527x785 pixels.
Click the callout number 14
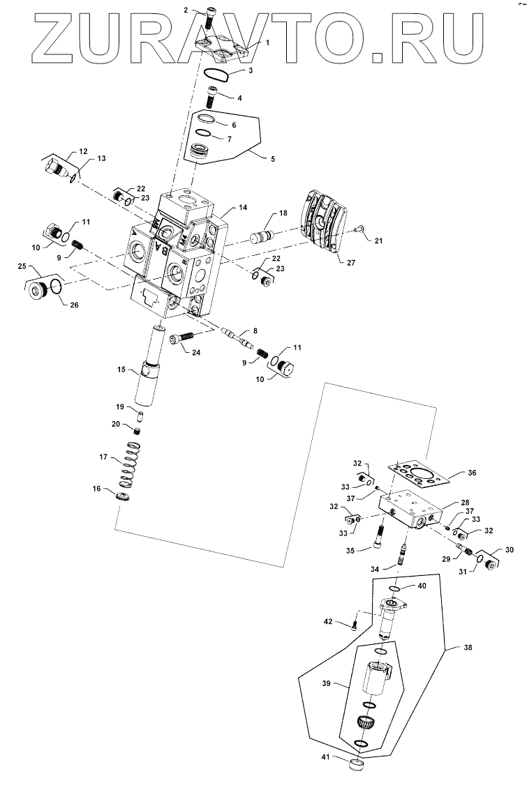click(x=242, y=208)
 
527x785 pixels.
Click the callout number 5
click(x=272, y=159)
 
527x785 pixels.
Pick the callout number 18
click(x=283, y=213)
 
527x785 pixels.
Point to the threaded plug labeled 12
click(x=57, y=168)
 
